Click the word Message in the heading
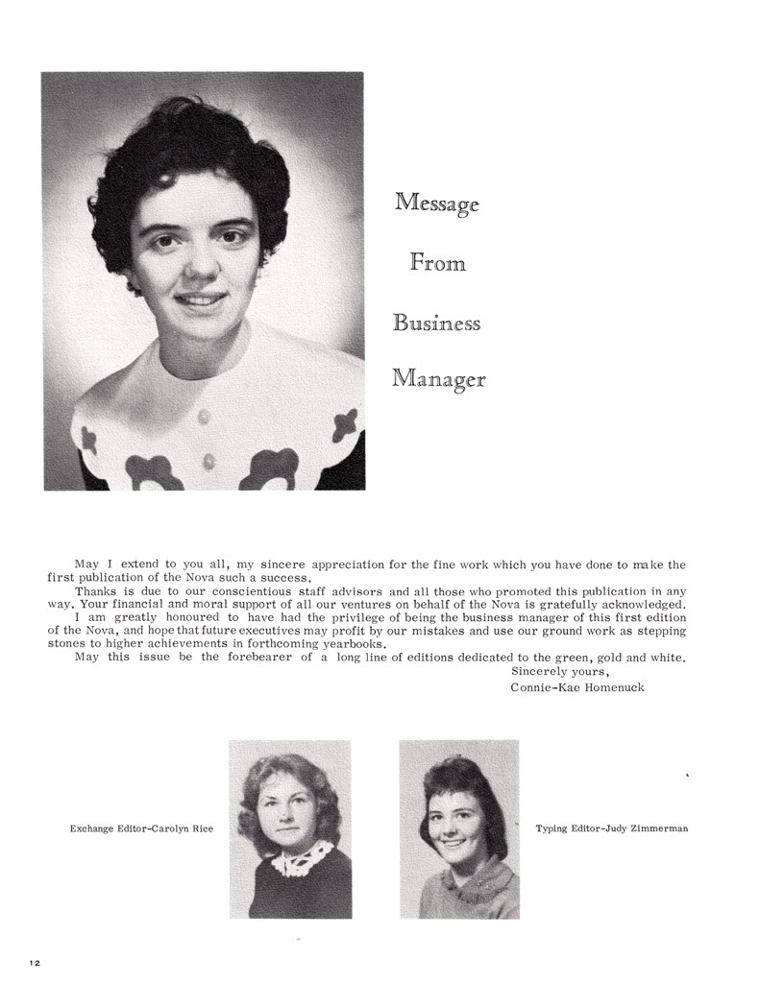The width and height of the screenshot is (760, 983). click(437, 204)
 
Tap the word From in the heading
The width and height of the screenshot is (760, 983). click(437, 261)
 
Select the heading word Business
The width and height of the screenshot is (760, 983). click(436, 323)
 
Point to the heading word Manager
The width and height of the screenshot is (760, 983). click(439, 380)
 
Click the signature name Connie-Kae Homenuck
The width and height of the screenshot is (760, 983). click(577, 688)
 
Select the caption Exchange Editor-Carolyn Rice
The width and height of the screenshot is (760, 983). click(141, 827)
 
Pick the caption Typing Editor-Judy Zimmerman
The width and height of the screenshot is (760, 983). click(612, 827)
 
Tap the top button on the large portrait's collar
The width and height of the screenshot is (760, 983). click(203, 417)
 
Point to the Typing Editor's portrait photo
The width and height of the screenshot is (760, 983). click(458, 828)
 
